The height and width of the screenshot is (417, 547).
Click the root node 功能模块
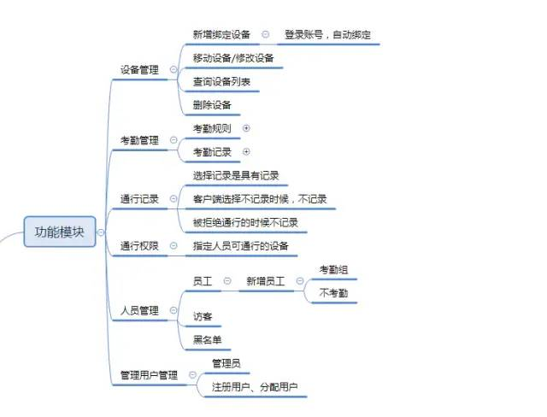59,232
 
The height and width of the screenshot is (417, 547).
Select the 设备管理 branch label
139,70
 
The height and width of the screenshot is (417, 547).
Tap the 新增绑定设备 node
222,35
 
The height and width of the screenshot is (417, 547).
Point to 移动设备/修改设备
233,58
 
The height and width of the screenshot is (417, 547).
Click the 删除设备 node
211,105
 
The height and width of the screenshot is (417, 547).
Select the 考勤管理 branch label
139,139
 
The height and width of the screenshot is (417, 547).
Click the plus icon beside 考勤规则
247,128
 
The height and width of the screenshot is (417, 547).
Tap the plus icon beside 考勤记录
247,151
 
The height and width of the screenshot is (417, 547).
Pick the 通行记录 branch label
139,199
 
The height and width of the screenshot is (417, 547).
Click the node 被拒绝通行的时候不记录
244,222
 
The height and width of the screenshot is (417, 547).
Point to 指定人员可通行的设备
241,246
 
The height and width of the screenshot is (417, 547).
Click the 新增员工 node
265,280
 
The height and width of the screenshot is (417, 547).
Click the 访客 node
203,316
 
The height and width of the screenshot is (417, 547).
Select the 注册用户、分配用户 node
254,387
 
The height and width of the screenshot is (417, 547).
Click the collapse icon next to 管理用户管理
192,375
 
